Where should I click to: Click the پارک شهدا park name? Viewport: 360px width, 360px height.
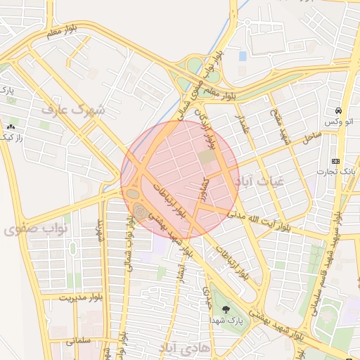tap(226, 320)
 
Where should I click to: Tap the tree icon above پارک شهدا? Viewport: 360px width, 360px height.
tap(226, 310)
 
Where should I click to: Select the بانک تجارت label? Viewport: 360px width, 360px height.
tap(340, 171)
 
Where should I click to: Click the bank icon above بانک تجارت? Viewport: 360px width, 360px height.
tap(335, 160)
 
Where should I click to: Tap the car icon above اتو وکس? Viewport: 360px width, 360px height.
tap(338, 111)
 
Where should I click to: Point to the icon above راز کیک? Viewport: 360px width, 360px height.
tap(11, 127)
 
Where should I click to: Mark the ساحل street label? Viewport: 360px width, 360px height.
tap(311, 137)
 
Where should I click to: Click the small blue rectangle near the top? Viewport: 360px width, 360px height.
tap(243, 56)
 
